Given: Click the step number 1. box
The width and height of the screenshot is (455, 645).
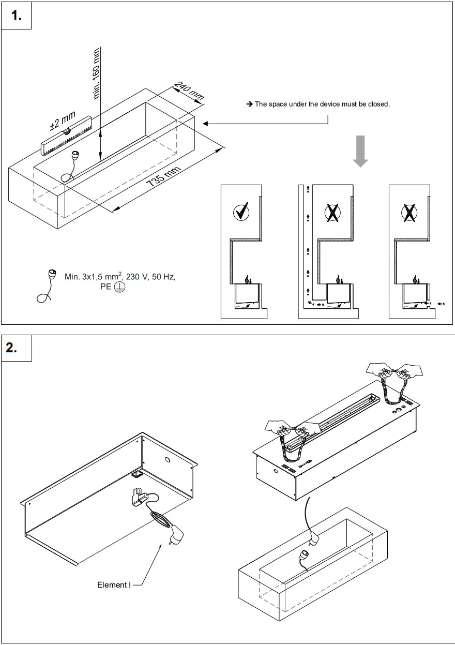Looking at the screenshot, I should pyautogui.click(x=17, y=16).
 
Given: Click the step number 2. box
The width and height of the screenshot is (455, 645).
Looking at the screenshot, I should pyautogui.click(x=17, y=348).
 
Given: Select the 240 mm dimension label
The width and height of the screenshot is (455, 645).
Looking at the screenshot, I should pyautogui.click(x=189, y=91).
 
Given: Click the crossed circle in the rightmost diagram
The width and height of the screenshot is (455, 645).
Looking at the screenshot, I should pyautogui.click(x=410, y=212).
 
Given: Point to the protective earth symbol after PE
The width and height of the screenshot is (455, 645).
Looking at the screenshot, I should pyautogui.click(x=119, y=287).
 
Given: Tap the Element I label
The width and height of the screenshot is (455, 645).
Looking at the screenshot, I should pyautogui.click(x=114, y=584).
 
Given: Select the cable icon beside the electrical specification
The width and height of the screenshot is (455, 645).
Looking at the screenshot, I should pyautogui.click(x=48, y=284).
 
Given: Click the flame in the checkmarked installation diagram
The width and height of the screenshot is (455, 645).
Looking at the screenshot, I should pyautogui.click(x=247, y=279).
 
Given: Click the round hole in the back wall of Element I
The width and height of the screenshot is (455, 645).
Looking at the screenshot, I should pyautogui.click(x=168, y=460).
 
